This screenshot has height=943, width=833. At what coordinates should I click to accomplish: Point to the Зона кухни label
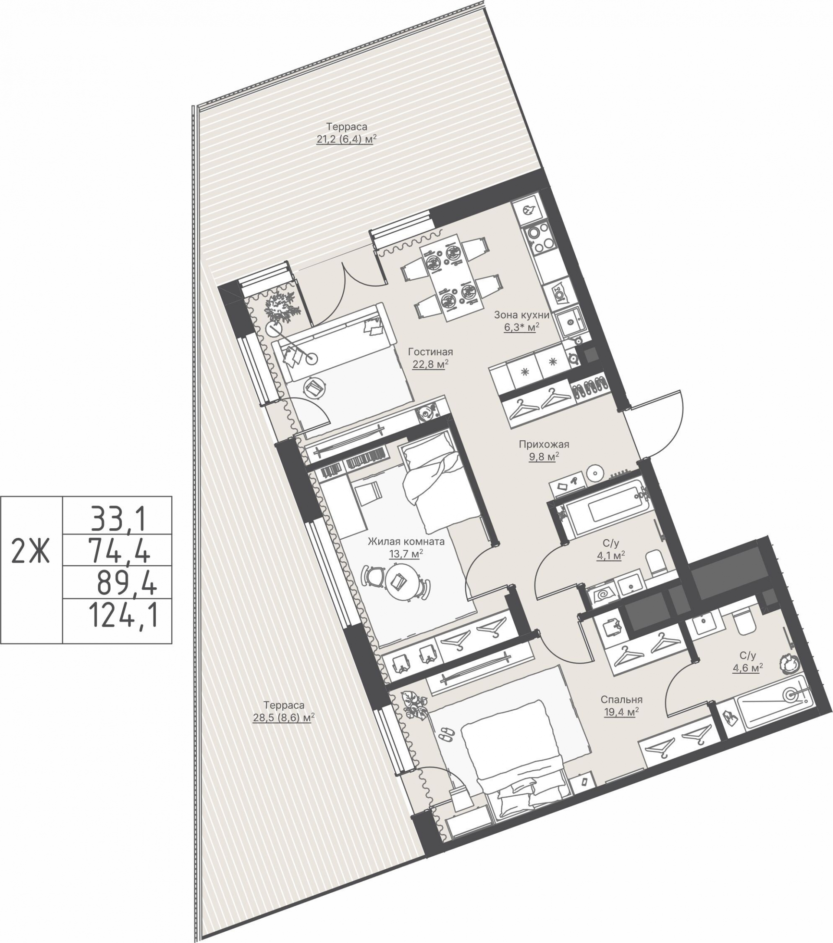point(521,315)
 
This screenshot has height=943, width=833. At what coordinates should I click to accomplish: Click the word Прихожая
point(544,444)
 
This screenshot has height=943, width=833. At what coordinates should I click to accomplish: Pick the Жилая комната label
point(406,541)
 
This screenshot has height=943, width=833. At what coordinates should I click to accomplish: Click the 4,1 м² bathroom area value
point(610,555)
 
